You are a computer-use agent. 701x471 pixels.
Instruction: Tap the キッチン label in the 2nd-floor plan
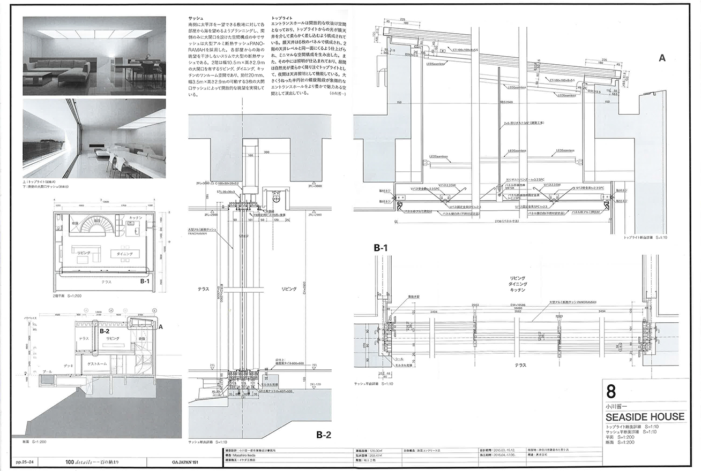(136, 219)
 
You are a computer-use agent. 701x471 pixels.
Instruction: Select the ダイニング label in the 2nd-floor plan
(123, 253)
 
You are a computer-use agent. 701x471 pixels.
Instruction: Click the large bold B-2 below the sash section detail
(326, 435)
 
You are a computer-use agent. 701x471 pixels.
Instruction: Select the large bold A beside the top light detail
(662, 59)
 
